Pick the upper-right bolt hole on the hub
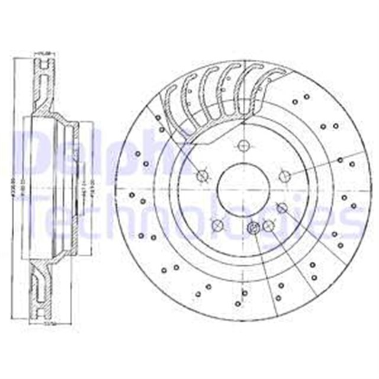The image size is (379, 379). (284, 175)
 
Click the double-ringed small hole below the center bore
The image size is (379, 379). (253, 229)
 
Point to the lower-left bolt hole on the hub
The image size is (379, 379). (217, 225)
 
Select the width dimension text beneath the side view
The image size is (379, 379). (40, 325)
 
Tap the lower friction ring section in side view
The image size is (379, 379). (41, 290)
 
